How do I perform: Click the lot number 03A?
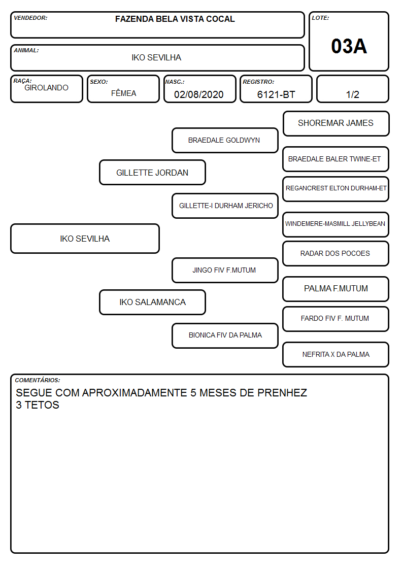[x=349, y=46]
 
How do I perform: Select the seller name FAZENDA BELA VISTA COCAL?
[x=175, y=19]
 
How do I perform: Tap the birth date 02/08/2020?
[x=199, y=94]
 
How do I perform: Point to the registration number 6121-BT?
[x=276, y=94]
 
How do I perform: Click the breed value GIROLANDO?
[x=46, y=88]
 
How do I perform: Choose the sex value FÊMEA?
[x=123, y=93]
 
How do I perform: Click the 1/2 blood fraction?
[x=352, y=94]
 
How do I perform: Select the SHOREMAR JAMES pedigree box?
[x=336, y=124]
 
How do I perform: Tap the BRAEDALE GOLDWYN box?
[x=225, y=140]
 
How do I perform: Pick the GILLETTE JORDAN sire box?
[x=152, y=172]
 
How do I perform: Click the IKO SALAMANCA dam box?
[x=152, y=302]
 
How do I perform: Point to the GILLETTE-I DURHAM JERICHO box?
[x=225, y=206]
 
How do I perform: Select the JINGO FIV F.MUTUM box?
[x=225, y=270]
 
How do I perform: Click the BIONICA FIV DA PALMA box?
[x=225, y=336]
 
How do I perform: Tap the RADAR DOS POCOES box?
[x=336, y=253]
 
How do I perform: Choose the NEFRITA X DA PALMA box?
[x=336, y=354]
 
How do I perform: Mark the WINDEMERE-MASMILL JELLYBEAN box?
[x=336, y=224]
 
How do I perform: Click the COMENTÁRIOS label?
[x=38, y=380]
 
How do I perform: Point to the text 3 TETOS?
[x=38, y=405]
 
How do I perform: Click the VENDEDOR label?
[x=30, y=18]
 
